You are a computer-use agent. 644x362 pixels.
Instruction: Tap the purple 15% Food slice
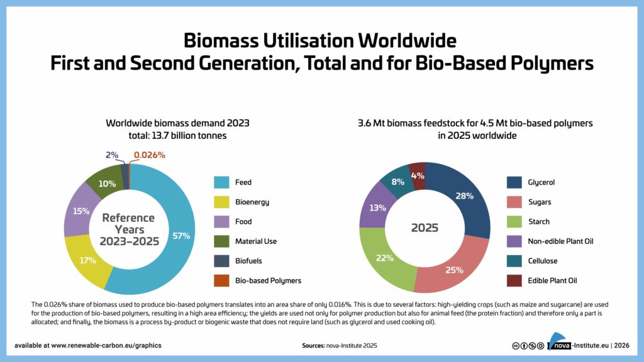point(80,211)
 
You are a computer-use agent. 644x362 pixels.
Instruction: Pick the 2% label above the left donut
point(111,155)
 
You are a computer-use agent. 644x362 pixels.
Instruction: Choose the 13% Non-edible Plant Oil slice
point(377,208)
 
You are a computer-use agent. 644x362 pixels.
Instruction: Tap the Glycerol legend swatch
point(514,182)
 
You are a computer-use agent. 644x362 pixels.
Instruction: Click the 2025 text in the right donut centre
point(425,228)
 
